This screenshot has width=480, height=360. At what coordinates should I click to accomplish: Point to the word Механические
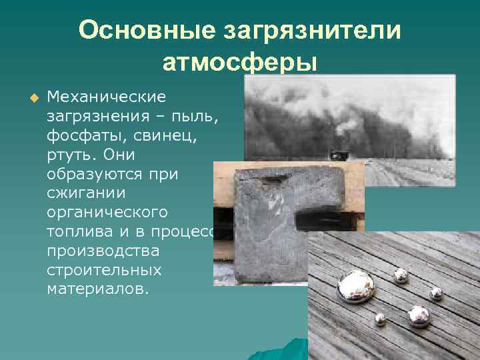pyautogui.click(x=106, y=97)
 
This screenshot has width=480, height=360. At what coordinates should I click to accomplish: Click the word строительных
pyautogui.click(x=104, y=271)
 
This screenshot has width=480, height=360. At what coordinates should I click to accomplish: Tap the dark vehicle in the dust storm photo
pyautogui.click(x=339, y=155)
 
